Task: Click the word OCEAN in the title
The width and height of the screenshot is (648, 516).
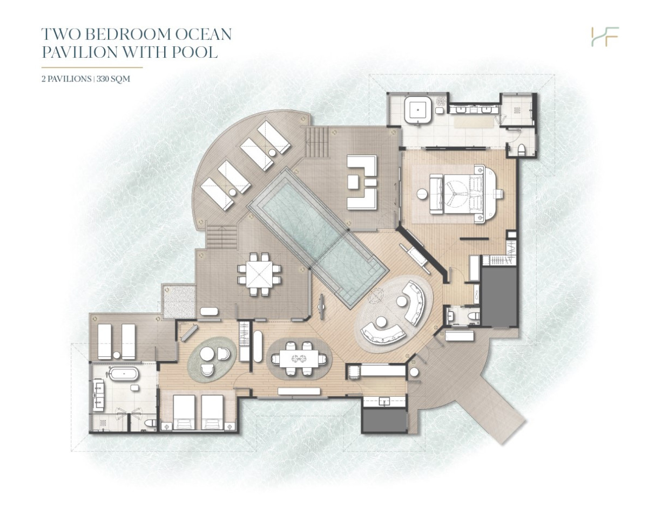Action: (204, 34)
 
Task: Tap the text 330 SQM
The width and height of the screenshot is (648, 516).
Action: (113, 79)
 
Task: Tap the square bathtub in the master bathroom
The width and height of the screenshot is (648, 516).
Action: (418, 110)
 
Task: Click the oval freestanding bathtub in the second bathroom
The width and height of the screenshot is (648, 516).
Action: (124, 374)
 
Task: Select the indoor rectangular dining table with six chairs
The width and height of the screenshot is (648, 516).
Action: (299, 359)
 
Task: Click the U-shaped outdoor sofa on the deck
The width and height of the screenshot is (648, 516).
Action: (362, 182)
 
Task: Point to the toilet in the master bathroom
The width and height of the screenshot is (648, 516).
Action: (521, 150)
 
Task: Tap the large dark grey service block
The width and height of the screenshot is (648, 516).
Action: (498, 296)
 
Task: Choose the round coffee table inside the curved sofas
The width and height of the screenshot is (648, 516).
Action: (402, 301)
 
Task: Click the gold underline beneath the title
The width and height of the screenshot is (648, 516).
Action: (92, 67)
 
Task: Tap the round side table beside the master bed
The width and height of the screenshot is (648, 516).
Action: (422, 194)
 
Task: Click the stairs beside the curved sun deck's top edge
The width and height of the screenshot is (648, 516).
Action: (318, 142)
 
